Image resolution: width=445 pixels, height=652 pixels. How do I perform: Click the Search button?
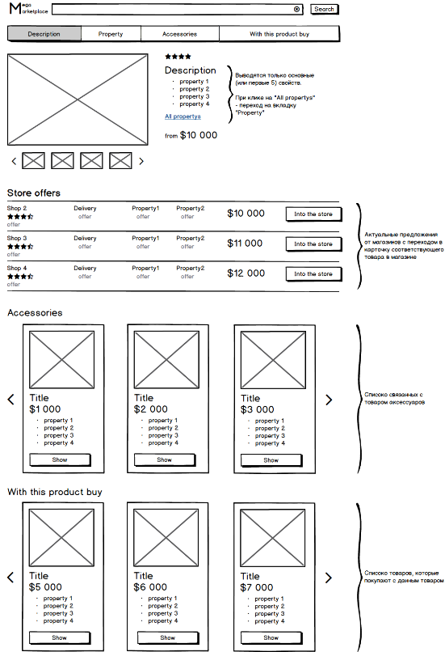pyautogui.click(x=325, y=9)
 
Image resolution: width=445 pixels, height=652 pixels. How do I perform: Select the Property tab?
pyautogui.click(x=111, y=34)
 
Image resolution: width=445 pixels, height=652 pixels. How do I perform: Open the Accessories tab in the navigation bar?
pyautogui.click(x=180, y=34)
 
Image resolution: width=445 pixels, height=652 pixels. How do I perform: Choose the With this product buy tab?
pyautogui.click(x=279, y=34)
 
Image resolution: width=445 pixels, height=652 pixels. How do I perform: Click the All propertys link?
pyautogui.click(x=183, y=116)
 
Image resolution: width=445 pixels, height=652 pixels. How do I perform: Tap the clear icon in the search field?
pyautogui.click(x=297, y=9)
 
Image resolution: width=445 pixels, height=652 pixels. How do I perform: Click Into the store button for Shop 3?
pyautogui.click(x=313, y=244)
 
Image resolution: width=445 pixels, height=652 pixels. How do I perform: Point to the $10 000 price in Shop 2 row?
pyautogui.click(x=246, y=214)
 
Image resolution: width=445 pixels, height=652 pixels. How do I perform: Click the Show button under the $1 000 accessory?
pyautogui.click(x=60, y=460)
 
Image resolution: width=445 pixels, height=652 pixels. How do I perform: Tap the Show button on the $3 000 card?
pyautogui.click(x=271, y=460)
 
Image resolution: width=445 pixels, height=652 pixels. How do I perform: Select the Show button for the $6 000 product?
pyautogui.click(x=168, y=638)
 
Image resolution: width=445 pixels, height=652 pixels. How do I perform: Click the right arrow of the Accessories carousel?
pyautogui.click(x=329, y=400)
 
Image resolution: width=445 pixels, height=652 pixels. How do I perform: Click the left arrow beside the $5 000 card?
pyautogui.click(x=10, y=578)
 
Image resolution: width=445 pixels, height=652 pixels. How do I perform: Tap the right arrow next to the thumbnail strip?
pyautogui.click(x=141, y=161)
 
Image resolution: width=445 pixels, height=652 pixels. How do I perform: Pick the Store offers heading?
pyautogui.click(x=34, y=193)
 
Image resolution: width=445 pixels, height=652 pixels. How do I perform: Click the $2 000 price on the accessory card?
pyautogui.click(x=151, y=409)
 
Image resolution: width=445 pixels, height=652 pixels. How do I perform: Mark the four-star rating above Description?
pyautogui.click(x=178, y=57)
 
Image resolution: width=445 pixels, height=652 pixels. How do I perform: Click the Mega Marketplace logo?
pyautogui.click(x=28, y=8)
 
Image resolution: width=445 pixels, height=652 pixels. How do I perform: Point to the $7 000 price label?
pyautogui.click(x=257, y=587)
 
